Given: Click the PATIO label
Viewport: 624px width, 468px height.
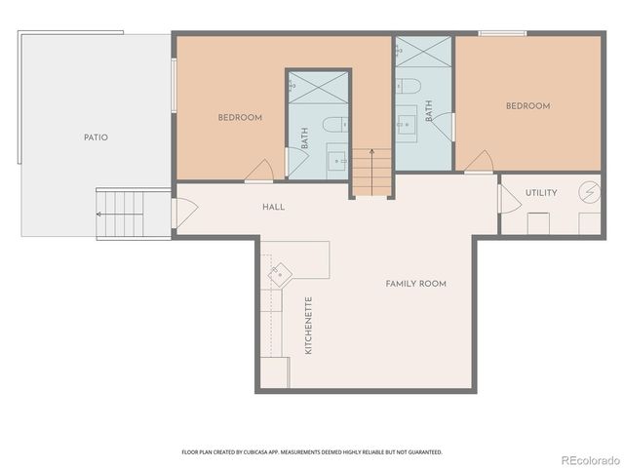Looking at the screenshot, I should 96,137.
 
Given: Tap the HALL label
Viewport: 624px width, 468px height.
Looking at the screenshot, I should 273,208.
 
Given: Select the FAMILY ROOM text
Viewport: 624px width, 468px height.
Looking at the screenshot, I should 415,284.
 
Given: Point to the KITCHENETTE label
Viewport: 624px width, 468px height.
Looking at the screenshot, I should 309,325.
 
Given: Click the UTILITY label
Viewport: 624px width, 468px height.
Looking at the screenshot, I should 541,193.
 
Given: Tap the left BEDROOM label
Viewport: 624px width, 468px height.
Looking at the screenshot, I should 240,118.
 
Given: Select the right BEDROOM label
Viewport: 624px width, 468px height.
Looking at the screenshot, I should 527,106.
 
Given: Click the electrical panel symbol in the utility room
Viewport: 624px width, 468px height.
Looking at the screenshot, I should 589,192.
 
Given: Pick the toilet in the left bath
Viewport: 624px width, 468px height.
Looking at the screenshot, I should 334,125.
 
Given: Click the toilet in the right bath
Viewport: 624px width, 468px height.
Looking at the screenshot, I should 409,86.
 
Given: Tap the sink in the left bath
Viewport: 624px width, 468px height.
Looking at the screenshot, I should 336,158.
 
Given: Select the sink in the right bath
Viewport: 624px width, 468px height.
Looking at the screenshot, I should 407,124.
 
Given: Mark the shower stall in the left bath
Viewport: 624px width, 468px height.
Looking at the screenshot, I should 318,88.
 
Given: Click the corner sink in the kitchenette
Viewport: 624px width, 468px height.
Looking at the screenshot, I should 281,272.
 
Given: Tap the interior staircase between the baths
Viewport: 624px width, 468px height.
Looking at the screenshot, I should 371,172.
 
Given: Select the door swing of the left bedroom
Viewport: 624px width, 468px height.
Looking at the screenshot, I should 260,172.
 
